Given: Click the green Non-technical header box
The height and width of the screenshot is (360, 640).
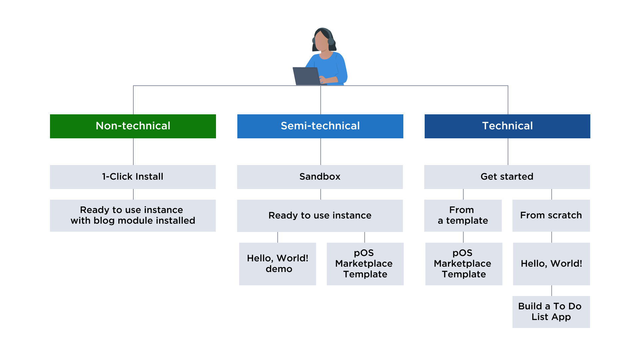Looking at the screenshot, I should [133, 126].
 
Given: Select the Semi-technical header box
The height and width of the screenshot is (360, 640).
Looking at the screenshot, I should [320, 126].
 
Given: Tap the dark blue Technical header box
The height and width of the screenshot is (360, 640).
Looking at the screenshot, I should [507, 126].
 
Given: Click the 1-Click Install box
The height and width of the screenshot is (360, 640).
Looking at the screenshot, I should [133, 177].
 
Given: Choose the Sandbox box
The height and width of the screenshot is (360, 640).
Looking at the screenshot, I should [320, 177].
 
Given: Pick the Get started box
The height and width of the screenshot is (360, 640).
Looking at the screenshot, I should [507, 177].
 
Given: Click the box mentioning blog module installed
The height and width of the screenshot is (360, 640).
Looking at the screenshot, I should [133, 215].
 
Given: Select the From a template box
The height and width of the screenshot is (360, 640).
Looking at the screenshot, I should [463, 215].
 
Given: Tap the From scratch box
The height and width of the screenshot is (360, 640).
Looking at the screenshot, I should [551, 215].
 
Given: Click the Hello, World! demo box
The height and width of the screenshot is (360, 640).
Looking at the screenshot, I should [277, 264].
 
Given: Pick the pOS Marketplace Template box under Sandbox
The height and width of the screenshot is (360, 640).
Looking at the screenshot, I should [365, 264].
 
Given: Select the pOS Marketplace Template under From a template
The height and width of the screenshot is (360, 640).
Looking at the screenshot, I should [464, 264].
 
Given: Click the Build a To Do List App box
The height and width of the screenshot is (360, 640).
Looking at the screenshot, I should [551, 312].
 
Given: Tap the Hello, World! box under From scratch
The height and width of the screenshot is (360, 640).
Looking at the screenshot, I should [551, 264].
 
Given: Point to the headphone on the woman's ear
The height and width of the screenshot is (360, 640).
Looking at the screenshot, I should [331, 41].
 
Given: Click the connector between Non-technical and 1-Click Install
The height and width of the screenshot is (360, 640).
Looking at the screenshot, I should [133, 152].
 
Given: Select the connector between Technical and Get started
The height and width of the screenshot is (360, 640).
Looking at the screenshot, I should [508, 152].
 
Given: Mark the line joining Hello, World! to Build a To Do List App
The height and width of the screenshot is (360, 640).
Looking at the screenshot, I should [552, 291].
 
